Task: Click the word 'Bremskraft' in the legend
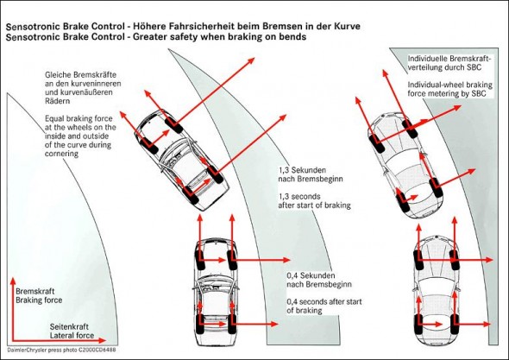pos(35,291)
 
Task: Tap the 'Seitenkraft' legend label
pos(69,326)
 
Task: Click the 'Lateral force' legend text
pos(72,335)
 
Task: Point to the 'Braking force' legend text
pos(39,300)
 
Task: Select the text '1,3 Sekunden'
pos(302,170)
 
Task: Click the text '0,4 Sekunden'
pos(311,275)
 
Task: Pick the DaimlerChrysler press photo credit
pos(61,351)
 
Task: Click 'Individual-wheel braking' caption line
pos(450,85)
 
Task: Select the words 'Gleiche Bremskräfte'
pos(80,75)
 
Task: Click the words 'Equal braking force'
pos(79,118)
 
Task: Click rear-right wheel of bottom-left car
pos(231,323)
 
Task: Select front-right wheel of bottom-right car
pos(455,260)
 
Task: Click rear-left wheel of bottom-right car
pos(419,324)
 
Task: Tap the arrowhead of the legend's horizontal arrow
pos(103,340)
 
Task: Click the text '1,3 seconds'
pos(299,197)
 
